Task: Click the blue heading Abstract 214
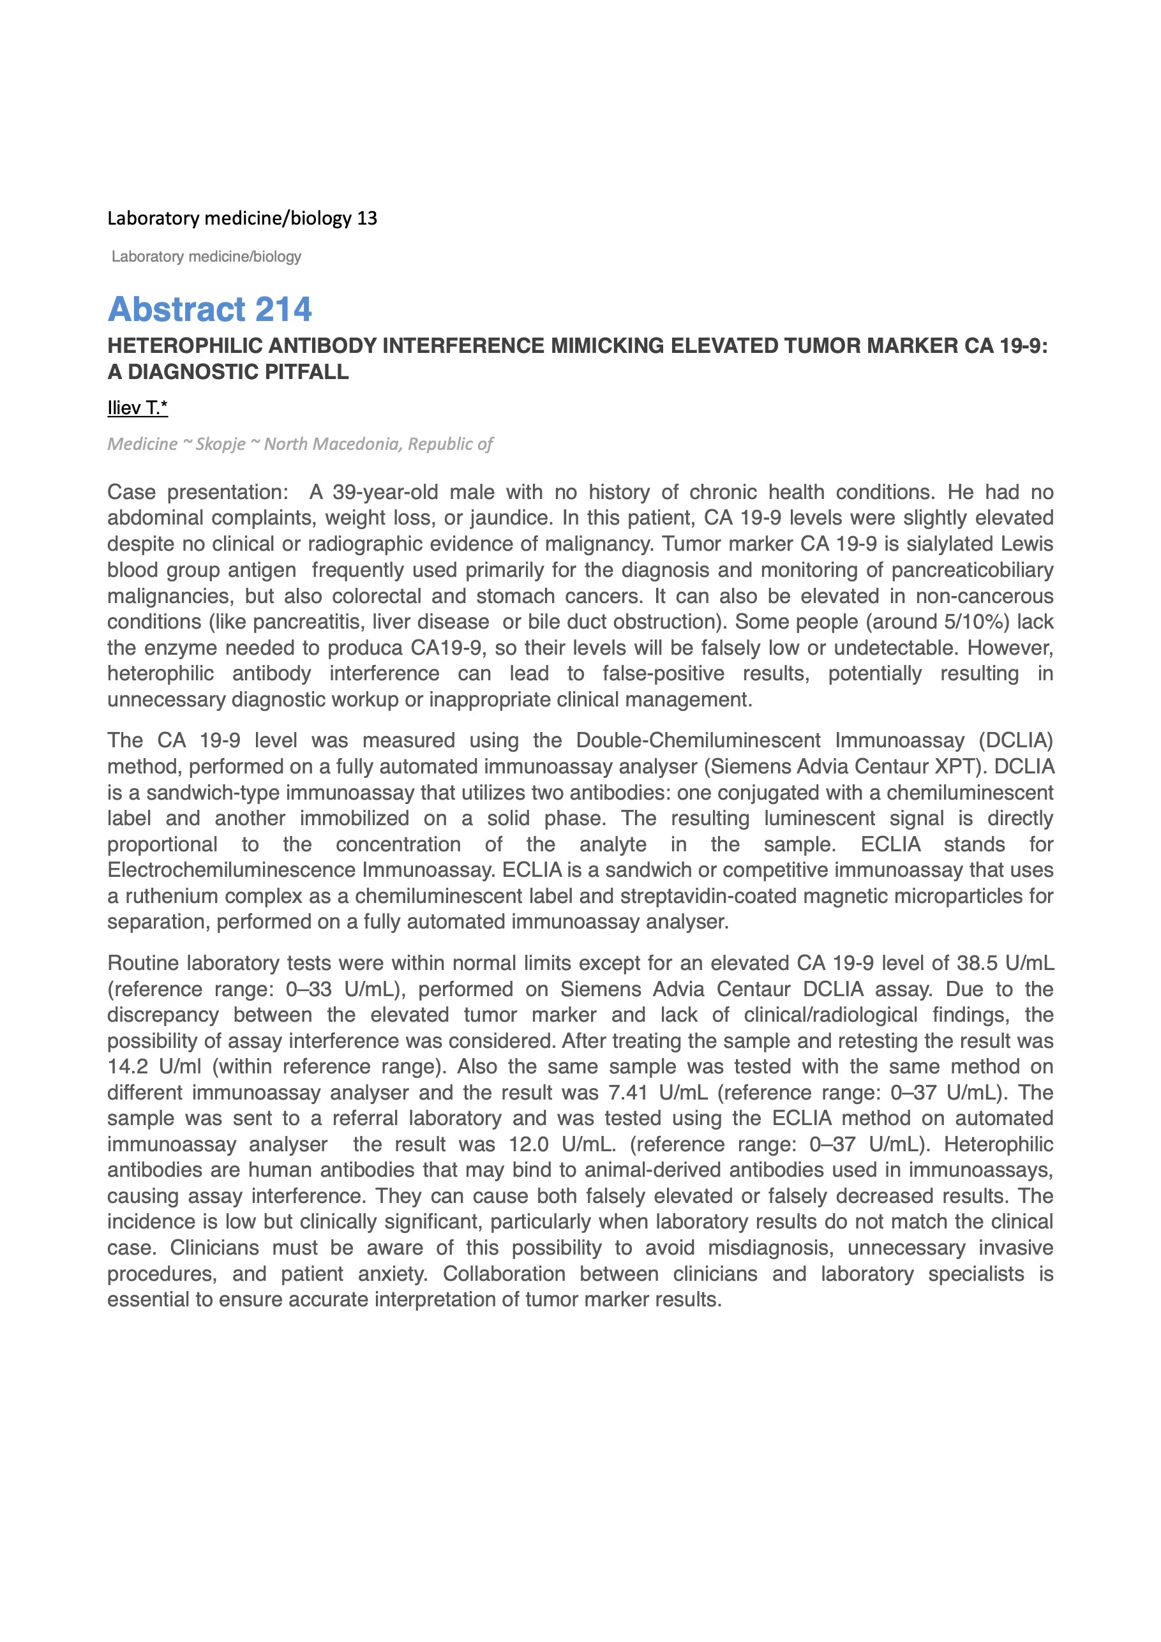[209, 309]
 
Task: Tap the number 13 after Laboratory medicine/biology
[367, 218]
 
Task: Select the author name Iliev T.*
[137, 408]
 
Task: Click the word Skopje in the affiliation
[220, 444]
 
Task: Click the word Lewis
[1026, 544]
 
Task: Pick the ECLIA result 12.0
[528, 1144]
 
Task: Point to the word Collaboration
[504, 1274]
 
